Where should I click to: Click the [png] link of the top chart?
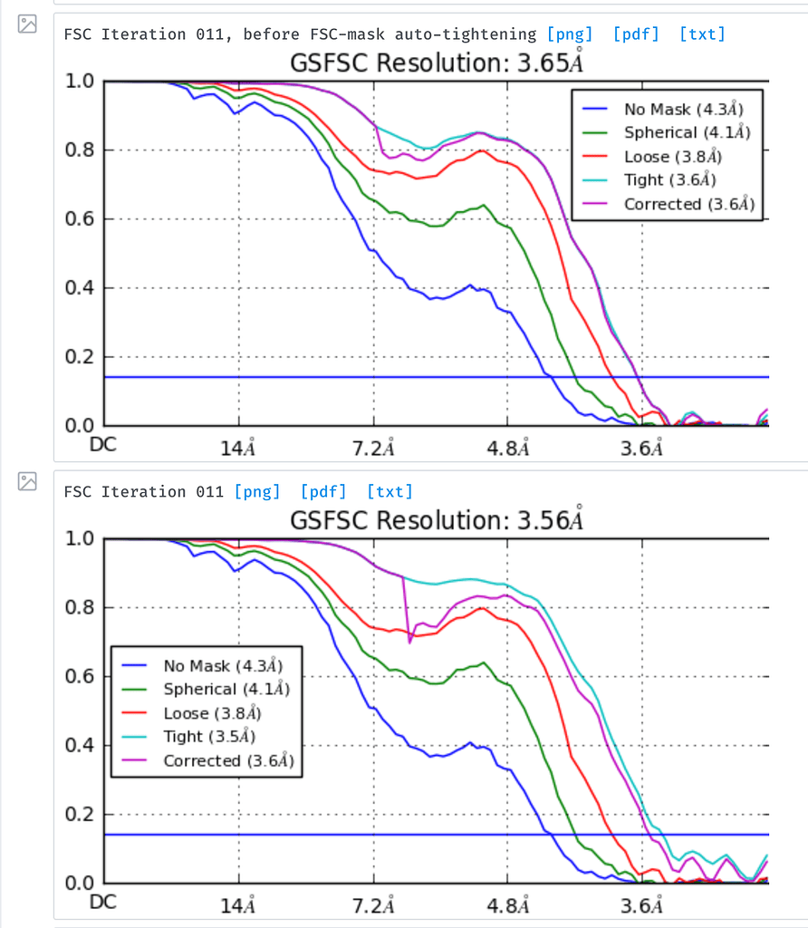point(570,34)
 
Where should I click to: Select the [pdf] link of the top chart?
point(636,34)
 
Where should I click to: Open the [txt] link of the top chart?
point(702,34)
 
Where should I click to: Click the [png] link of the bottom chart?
point(257,492)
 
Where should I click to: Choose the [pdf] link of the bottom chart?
point(323,492)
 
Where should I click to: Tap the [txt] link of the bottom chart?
point(390,492)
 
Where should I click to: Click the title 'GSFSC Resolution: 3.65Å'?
point(436,63)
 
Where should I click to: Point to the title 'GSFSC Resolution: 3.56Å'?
point(436,520)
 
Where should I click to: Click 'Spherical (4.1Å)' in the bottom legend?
point(226,690)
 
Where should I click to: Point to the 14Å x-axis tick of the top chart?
point(239,448)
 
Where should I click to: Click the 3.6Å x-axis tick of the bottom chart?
point(642,905)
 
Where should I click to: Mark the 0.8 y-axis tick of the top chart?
point(80,150)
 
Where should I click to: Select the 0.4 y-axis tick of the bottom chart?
point(80,746)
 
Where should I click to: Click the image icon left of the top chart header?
point(28,24)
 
